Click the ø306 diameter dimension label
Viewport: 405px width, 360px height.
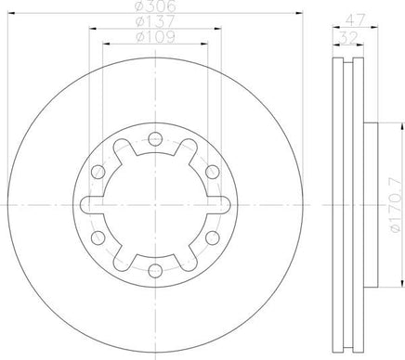pos(155,6)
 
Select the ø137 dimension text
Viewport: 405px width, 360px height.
pos(155,21)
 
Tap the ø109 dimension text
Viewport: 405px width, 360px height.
pos(155,37)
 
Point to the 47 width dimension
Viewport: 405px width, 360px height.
pos(355,20)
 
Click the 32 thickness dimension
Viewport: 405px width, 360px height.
pos(348,38)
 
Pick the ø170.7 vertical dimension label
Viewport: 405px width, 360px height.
pos(398,205)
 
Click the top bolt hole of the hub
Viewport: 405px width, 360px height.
pos(155,138)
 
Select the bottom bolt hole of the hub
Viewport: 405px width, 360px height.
pos(155,271)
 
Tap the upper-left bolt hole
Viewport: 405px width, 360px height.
pos(98,172)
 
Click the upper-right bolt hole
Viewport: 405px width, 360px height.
pos(213,172)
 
